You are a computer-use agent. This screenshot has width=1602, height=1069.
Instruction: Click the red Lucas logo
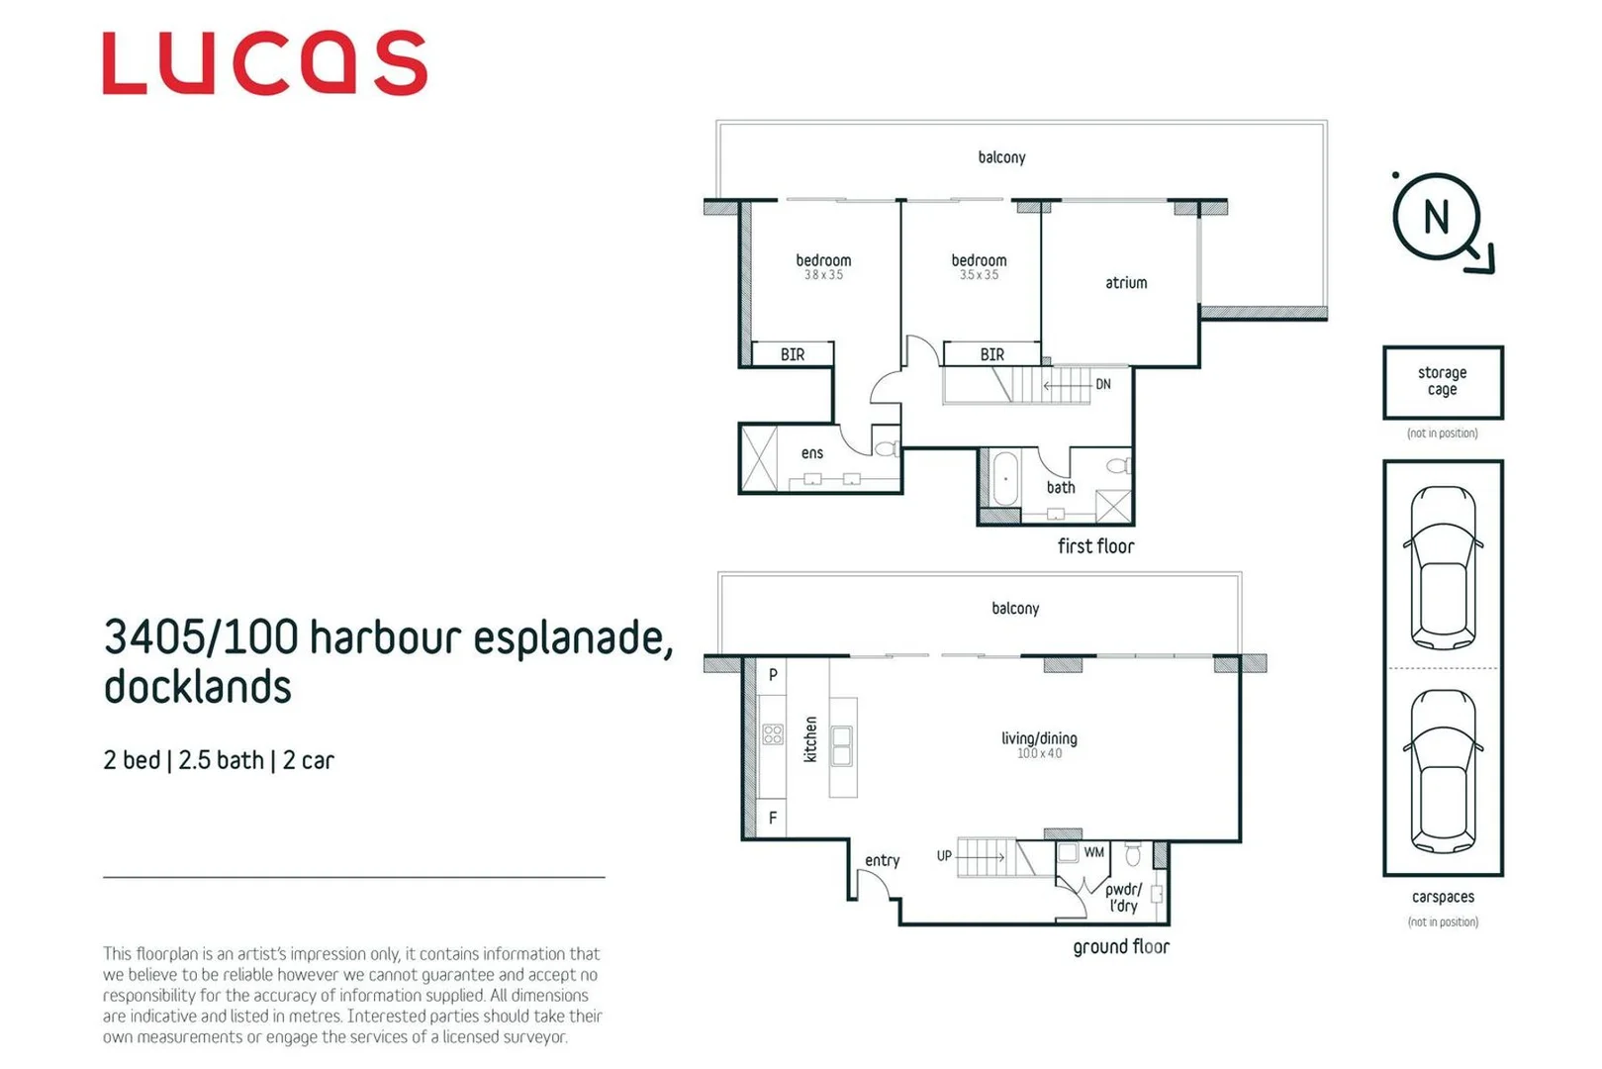pyautogui.click(x=264, y=63)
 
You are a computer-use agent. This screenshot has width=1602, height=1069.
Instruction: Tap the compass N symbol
pyautogui.click(x=1436, y=217)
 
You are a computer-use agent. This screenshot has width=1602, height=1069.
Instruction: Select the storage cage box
pyautogui.click(x=1442, y=382)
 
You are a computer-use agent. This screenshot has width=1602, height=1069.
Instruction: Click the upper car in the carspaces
pyautogui.click(x=1443, y=566)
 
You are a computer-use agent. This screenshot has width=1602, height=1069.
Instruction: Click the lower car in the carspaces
pyautogui.click(x=1443, y=770)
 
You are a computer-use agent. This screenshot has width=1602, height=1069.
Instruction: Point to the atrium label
pyautogui.click(x=1126, y=283)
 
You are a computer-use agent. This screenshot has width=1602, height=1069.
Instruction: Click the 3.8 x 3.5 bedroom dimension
pyautogui.click(x=823, y=275)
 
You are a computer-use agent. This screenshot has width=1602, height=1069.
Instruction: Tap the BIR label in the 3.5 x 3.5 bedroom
pyautogui.click(x=991, y=354)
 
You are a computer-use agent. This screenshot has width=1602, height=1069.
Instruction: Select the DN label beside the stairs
pyautogui.click(x=1103, y=384)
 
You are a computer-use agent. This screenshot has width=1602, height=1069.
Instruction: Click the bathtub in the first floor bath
pyautogui.click(x=1005, y=479)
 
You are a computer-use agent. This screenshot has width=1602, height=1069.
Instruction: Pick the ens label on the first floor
pyautogui.click(x=811, y=453)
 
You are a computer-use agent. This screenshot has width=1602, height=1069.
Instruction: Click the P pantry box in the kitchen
pyautogui.click(x=772, y=674)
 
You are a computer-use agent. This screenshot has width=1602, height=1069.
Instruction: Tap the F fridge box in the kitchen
pyautogui.click(x=772, y=818)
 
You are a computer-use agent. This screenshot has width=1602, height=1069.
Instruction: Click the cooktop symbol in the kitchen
pyautogui.click(x=773, y=734)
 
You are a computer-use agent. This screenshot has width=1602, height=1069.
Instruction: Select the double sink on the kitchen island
pyautogui.click(x=842, y=745)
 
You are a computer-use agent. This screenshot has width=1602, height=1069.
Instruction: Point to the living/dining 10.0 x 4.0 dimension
pyautogui.click(x=1039, y=754)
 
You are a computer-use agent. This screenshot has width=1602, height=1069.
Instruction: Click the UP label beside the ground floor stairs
pyautogui.click(x=944, y=855)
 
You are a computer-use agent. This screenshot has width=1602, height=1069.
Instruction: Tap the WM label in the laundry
pyautogui.click(x=1093, y=852)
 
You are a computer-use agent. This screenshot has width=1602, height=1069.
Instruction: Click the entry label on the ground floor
pyautogui.click(x=882, y=861)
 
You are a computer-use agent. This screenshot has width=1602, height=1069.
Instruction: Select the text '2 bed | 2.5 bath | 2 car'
pyautogui.click(x=219, y=760)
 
